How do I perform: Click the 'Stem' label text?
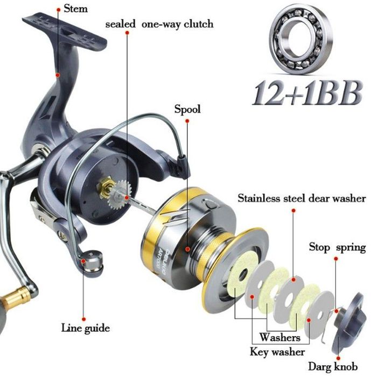(75, 9)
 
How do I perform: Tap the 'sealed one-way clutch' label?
(159, 24)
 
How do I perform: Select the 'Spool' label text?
(187, 109)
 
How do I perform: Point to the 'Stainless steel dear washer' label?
(302, 199)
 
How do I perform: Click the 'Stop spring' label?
(337, 247)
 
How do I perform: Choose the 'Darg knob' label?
(333, 367)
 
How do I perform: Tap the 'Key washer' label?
(277, 352)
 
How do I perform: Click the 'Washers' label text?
(280, 337)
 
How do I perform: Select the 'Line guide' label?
(86, 328)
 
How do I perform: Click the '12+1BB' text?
(308, 93)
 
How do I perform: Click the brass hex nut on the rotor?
(106, 187)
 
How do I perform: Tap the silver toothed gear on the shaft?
(121, 195)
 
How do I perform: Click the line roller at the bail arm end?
(93, 263)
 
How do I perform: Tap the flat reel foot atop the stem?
(64, 32)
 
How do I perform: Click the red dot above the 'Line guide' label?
(84, 319)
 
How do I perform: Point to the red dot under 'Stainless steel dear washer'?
(294, 211)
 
